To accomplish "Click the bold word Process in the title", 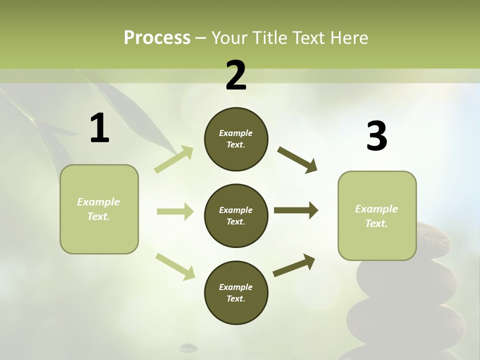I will (157, 38).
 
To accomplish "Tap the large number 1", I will (99, 128).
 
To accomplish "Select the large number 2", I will (236, 75).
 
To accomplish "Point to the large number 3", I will (376, 136).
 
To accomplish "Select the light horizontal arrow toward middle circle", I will (175, 211).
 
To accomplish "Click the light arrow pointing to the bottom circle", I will (175, 266).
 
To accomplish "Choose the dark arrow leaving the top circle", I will (297, 159).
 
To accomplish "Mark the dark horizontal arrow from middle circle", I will (296, 210).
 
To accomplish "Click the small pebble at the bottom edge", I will (188, 346).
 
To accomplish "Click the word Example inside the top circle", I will (236, 133).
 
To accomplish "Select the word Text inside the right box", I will (376, 223).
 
